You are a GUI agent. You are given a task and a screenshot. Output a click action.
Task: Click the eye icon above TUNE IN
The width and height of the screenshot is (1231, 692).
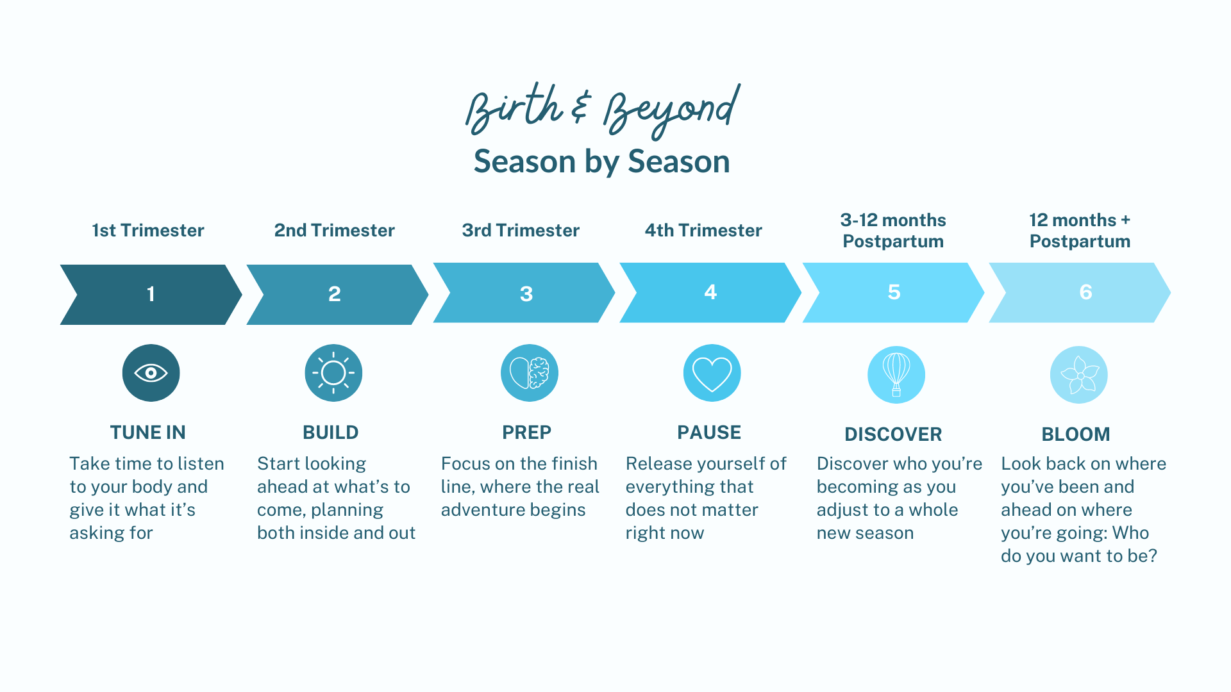coord(151,373)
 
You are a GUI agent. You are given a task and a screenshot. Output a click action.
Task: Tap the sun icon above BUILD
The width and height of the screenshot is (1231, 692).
coord(333,373)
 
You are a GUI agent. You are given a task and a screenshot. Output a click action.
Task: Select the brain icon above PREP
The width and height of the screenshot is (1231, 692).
coord(530,373)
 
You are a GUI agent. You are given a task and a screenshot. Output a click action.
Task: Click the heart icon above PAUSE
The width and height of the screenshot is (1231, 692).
coord(712,373)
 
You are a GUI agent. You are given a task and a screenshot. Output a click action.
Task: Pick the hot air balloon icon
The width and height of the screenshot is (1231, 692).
coord(896,375)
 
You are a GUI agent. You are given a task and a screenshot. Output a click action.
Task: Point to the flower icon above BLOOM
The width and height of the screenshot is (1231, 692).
coord(1079,375)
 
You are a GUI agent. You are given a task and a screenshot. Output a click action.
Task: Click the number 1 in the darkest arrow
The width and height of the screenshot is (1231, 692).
coord(151,294)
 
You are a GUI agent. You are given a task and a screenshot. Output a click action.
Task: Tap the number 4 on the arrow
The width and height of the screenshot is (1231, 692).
coord(710,292)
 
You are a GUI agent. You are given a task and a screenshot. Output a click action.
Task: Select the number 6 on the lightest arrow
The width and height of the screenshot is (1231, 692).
coord(1085,292)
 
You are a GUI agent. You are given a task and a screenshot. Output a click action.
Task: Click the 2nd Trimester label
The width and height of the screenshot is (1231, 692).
coord(334,230)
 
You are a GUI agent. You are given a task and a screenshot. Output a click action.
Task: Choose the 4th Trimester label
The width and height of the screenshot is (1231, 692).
coord(703,230)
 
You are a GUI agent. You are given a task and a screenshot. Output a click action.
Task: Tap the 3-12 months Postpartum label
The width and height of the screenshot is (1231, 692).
coord(893,231)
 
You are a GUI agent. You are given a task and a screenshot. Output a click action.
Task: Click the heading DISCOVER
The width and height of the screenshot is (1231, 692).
coord(893,434)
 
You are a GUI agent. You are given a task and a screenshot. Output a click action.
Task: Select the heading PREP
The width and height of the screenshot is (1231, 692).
coord(526,432)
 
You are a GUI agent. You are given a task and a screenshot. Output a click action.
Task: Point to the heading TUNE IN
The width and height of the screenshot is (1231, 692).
coord(147,432)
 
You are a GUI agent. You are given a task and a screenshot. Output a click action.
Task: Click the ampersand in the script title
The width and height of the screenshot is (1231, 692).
coord(580,106)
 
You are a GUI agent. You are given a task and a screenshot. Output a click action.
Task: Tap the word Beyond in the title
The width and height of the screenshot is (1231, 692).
coord(671,111)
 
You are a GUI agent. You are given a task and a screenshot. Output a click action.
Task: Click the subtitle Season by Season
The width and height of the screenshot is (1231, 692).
coord(601,161)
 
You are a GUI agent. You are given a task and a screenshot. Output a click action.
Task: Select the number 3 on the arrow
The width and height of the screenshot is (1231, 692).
coord(526,294)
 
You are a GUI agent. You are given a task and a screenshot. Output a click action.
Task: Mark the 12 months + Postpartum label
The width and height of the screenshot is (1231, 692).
coord(1080,231)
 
